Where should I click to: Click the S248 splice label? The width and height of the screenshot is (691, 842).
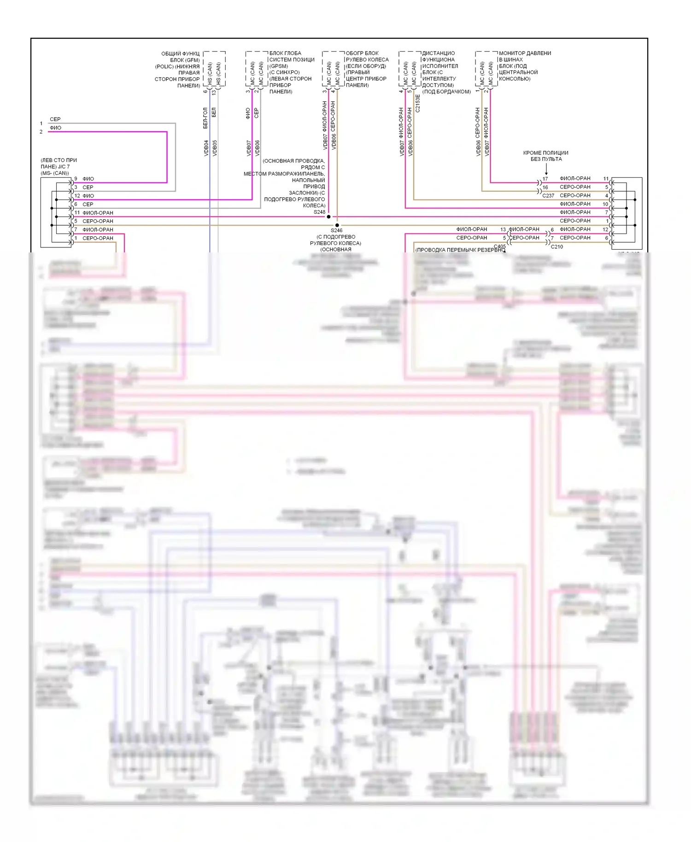coord(319,212)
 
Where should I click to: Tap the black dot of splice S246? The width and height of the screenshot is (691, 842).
coord(337,225)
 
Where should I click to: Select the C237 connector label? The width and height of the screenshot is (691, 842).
coord(548,196)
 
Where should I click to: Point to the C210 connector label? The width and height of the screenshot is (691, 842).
coord(556,247)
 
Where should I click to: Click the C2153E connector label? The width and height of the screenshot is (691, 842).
coord(418,104)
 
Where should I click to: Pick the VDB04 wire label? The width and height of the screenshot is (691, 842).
coord(206,148)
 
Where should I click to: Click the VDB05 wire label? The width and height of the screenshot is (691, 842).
coord(215,148)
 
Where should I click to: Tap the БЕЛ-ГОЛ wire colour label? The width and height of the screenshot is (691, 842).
coord(205,118)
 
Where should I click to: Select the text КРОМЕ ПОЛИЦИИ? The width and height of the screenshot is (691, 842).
coord(545,153)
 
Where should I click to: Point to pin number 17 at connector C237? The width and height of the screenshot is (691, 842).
coord(545,179)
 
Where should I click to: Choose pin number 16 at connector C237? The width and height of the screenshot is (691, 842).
coord(545,187)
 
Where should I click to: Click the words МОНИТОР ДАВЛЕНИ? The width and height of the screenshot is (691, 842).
coord(525,53)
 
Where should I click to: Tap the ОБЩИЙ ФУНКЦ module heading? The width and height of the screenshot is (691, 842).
coord(180,54)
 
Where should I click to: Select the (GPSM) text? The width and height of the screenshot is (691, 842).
coord(279,66)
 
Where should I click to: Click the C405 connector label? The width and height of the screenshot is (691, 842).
coord(499,246)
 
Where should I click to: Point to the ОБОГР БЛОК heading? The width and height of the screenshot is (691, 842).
coord(362,53)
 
